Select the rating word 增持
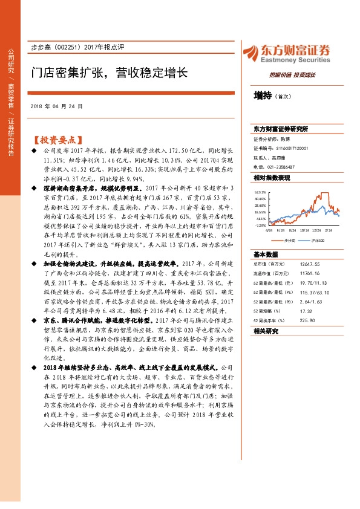[x=263, y=95]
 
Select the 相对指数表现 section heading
[x=272, y=178]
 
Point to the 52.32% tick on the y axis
[x=260, y=191]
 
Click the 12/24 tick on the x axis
[x=316, y=230]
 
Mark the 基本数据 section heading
[x=264, y=254]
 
